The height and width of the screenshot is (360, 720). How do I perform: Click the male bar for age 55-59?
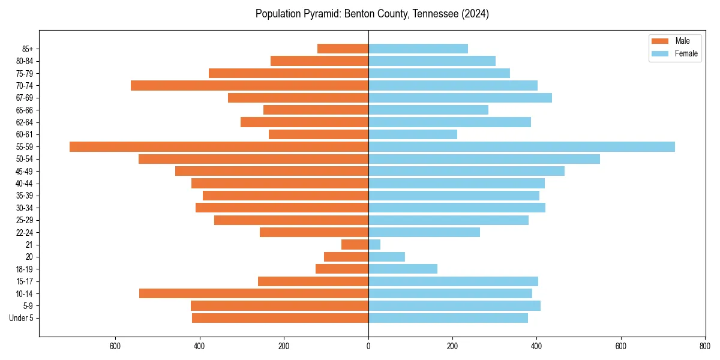[219, 146]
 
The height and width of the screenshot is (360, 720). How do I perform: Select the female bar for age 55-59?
[521, 146]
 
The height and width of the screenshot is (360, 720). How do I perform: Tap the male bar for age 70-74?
[250, 85]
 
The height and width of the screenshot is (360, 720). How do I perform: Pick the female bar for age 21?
[374, 244]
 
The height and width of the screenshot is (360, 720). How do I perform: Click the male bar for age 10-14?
[254, 293]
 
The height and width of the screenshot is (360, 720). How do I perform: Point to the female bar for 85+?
[418, 49]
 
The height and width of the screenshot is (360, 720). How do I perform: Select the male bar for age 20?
[346, 257]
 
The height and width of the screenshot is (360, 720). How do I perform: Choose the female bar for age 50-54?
[484, 159]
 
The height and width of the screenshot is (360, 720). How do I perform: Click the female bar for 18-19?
[403, 269]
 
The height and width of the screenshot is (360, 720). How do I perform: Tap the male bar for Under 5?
[280, 318]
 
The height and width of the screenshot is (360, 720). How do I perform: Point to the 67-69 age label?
[25, 98]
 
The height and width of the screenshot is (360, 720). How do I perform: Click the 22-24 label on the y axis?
[25, 232]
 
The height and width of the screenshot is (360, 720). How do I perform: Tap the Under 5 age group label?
[22, 318]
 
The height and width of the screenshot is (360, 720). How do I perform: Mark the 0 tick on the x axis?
[368, 346]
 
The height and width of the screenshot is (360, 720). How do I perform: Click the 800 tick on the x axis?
[705, 346]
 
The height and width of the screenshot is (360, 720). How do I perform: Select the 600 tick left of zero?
[116, 346]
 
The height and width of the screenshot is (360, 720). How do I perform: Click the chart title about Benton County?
[372, 14]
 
